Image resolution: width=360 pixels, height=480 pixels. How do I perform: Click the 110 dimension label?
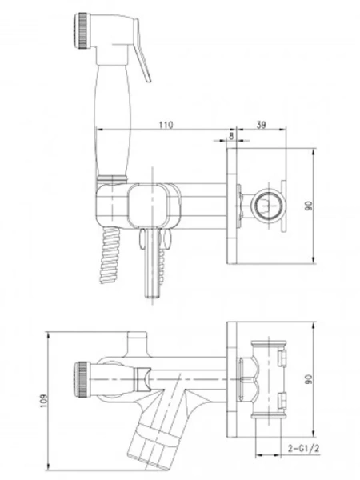[166, 125]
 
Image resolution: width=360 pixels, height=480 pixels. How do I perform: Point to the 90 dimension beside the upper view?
[326, 206]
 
